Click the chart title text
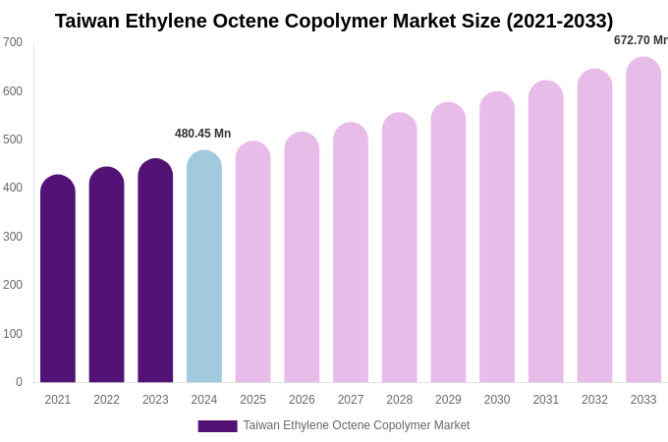pyautogui.click(x=334, y=21)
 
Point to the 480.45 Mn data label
pyautogui.click(x=203, y=134)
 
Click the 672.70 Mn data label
pyautogui.click(x=640, y=40)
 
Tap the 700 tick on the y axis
pyautogui.click(x=13, y=42)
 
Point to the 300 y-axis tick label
pyautogui.click(x=13, y=237)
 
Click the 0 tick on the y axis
pyautogui.click(x=19, y=382)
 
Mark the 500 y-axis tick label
pyautogui.click(x=13, y=139)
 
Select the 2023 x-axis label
pyautogui.click(x=155, y=400)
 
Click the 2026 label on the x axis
pyautogui.click(x=302, y=400)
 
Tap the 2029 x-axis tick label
pyautogui.click(x=448, y=400)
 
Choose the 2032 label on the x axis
pyautogui.click(x=594, y=400)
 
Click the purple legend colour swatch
pyautogui.click(x=217, y=426)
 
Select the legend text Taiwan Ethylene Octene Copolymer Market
pyautogui.click(x=357, y=425)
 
